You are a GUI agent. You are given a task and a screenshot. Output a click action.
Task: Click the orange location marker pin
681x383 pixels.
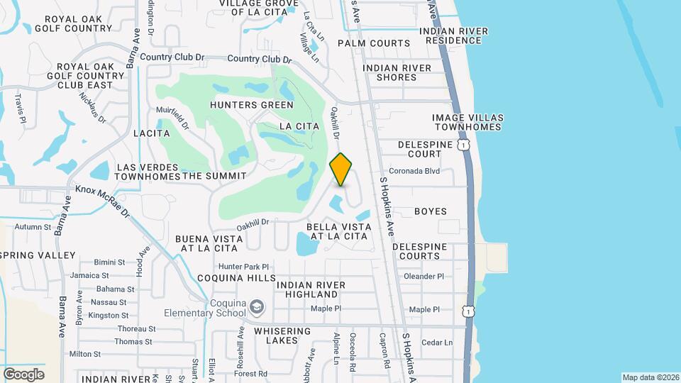pyautogui.click(x=341, y=170)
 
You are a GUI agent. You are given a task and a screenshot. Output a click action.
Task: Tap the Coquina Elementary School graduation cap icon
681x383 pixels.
pyautogui.click(x=256, y=306)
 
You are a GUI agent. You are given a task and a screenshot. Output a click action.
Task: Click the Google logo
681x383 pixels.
pyautogui.click(x=23, y=374)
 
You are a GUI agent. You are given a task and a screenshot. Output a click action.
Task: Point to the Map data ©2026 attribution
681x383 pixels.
pyautogui.click(x=650, y=377)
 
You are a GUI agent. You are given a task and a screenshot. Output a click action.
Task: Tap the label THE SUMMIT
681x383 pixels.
pyautogui.click(x=214, y=175)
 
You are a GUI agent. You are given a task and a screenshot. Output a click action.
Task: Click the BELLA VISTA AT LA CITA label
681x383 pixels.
pyautogui.click(x=338, y=231)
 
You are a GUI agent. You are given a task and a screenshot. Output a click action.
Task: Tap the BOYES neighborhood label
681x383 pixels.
pyautogui.click(x=431, y=211)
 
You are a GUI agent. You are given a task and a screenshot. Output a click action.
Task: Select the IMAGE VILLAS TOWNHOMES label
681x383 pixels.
pyautogui.click(x=467, y=122)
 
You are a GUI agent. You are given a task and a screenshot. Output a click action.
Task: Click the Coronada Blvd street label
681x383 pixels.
pyautogui.click(x=415, y=171)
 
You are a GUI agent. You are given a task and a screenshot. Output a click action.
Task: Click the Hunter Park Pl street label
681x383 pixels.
pyautogui.click(x=245, y=266)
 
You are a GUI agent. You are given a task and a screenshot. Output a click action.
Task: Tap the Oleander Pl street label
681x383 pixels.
pyautogui.click(x=423, y=276)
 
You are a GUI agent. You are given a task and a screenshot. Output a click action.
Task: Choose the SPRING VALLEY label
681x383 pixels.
pyautogui.click(x=38, y=255)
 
